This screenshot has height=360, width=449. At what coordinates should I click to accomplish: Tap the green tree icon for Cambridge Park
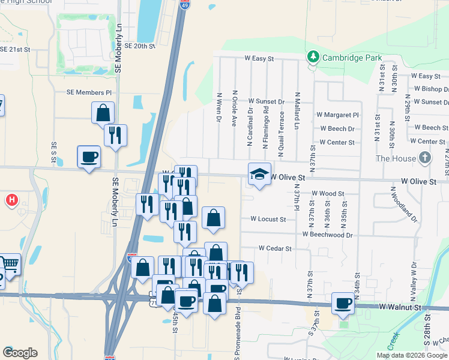313,58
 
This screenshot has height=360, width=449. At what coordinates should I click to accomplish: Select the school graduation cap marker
259,173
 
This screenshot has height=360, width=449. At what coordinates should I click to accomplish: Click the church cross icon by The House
425,158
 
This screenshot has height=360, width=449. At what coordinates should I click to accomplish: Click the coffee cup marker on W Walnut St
343,303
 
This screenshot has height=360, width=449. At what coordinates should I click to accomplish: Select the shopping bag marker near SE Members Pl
103,113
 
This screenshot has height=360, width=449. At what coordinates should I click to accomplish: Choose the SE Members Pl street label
89,93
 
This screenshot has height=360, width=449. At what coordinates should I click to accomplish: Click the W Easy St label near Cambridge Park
259,59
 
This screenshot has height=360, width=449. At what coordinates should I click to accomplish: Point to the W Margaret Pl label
337,115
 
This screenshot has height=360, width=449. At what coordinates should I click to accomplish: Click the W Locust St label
268,220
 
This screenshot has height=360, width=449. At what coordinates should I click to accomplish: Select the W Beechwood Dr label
327,235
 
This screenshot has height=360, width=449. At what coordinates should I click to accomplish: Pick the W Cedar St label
275,248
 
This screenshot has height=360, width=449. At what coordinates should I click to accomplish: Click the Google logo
20,353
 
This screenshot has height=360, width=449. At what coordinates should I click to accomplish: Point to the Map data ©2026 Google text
411,355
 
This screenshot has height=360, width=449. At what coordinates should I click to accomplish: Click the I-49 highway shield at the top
185,5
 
